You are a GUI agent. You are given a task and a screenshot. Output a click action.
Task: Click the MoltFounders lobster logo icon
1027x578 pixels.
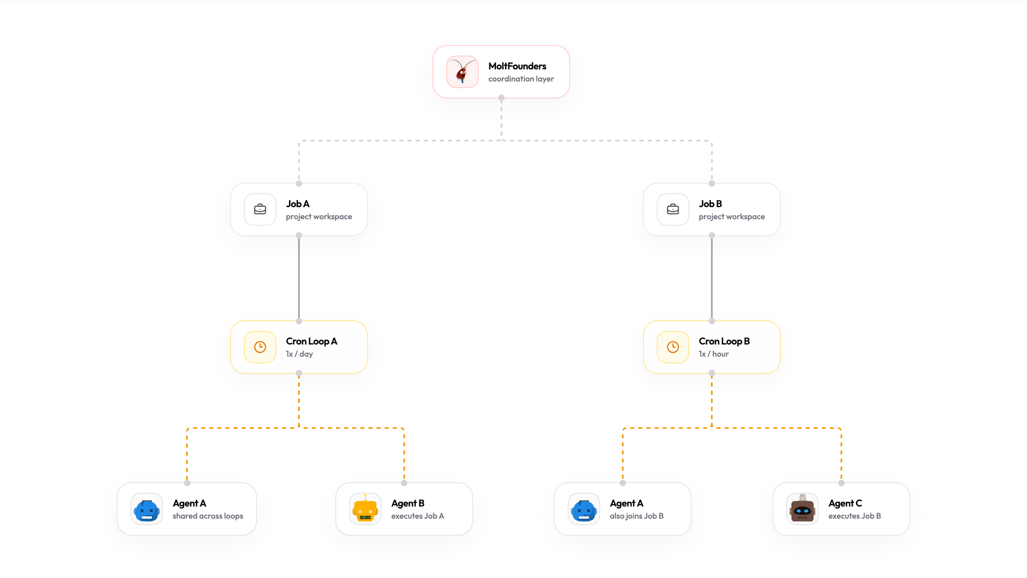pyautogui.click(x=462, y=72)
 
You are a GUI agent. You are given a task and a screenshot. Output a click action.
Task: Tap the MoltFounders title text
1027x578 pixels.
pyautogui.click(x=517, y=66)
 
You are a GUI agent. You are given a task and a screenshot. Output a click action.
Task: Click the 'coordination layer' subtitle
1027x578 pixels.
pyautogui.click(x=521, y=79)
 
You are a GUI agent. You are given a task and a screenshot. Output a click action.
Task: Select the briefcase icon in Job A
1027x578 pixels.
pyautogui.click(x=260, y=209)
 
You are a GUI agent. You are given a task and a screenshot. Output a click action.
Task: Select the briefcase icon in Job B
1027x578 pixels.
pyautogui.click(x=672, y=209)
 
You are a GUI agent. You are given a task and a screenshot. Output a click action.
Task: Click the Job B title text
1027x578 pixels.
pyautogui.click(x=710, y=204)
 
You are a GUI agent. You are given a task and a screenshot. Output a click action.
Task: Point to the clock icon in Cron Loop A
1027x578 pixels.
pyautogui.click(x=260, y=347)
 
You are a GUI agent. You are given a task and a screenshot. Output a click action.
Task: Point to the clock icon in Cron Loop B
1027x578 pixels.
pyautogui.click(x=672, y=347)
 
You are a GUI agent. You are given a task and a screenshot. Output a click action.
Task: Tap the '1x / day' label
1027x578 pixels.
pyautogui.click(x=299, y=354)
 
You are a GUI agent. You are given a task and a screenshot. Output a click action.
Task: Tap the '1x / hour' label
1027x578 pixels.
pyautogui.click(x=713, y=354)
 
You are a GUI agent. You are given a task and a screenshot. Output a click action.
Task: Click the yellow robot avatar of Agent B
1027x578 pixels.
pyautogui.click(x=365, y=509)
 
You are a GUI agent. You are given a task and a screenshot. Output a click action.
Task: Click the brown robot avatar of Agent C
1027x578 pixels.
pyautogui.click(x=802, y=509)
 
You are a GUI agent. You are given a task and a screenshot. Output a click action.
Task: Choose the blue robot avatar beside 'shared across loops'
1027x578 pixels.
pyautogui.click(x=146, y=509)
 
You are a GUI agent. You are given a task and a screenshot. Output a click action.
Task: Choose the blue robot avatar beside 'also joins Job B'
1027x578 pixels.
pyautogui.click(x=584, y=509)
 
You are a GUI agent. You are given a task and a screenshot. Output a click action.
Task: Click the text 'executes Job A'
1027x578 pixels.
pyautogui.click(x=417, y=516)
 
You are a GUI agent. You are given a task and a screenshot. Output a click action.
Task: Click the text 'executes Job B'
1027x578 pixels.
pyautogui.click(x=854, y=516)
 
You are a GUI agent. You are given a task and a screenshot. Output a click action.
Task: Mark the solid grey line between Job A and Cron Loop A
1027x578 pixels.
pyautogui.click(x=299, y=278)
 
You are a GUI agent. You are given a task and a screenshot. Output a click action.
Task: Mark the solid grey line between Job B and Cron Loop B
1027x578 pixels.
pyautogui.click(x=712, y=278)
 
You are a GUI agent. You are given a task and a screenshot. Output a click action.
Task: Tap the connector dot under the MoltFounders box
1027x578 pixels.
pyautogui.click(x=501, y=97)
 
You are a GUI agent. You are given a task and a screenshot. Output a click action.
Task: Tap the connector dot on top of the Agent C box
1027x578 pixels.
pyautogui.click(x=841, y=483)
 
